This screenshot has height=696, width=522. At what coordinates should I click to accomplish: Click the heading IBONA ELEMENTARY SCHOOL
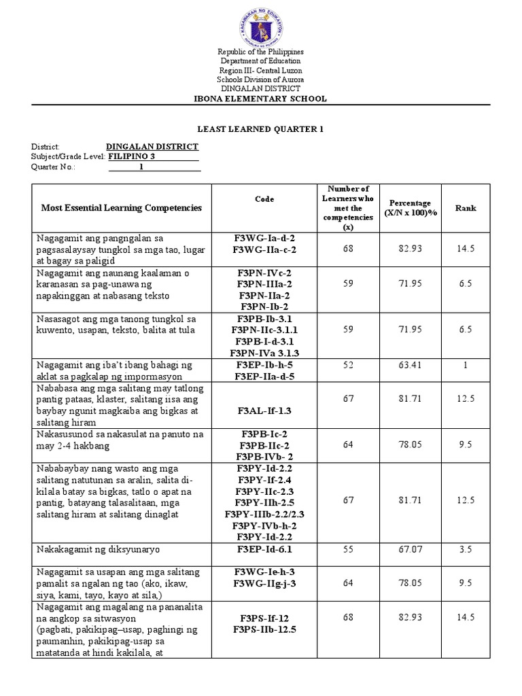point(261,99)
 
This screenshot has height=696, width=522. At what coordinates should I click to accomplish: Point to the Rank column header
point(466,208)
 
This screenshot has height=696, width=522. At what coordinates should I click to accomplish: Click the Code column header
point(264,199)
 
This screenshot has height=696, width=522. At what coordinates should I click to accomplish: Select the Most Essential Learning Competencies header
point(122,208)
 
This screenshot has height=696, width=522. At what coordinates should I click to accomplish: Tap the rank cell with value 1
point(466,365)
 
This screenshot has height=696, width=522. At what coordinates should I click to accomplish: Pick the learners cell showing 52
point(348,365)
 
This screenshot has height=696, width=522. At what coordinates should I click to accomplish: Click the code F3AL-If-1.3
point(264,411)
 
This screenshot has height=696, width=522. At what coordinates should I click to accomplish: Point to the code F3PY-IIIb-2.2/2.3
point(264,514)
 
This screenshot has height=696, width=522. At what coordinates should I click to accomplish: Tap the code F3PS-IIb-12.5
point(264,629)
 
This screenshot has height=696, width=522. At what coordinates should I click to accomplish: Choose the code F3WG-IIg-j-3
point(264,583)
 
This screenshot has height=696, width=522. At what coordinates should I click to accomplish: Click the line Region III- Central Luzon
point(261,71)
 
